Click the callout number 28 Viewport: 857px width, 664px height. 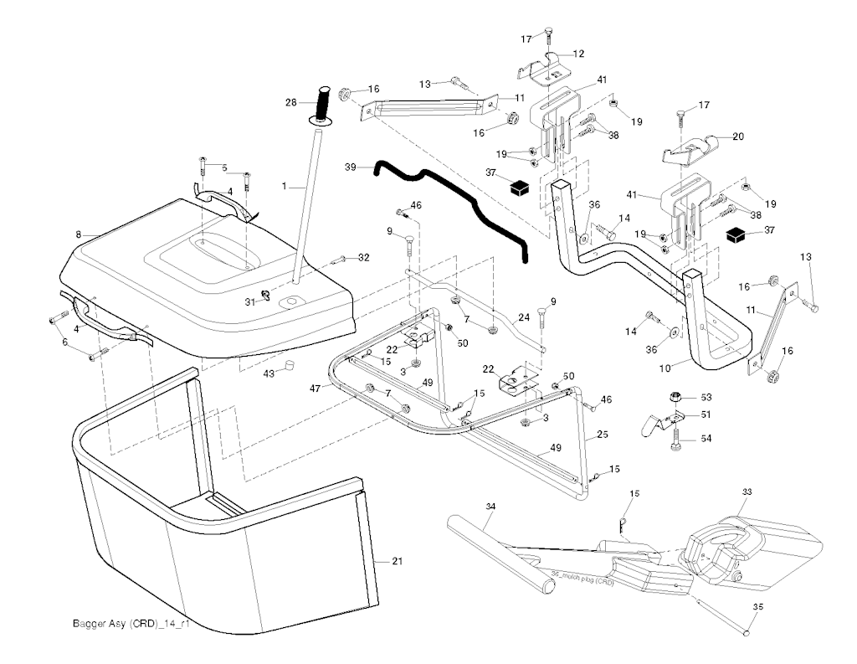click(291, 102)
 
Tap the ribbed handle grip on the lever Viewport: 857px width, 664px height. click(324, 102)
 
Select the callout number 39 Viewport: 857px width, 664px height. click(350, 167)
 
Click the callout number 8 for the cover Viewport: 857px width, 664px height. click(78, 235)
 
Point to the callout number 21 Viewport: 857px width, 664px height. click(397, 561)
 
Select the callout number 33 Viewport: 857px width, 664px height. click(748, 493)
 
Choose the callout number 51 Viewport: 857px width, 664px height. click(706, 414)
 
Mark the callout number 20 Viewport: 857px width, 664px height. click(737, 136)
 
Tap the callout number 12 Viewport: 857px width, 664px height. click(578, 54)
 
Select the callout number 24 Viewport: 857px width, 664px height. click(524, 317)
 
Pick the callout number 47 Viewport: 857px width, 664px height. click(316, 389)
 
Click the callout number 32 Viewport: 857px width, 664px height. click(363, 257)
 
